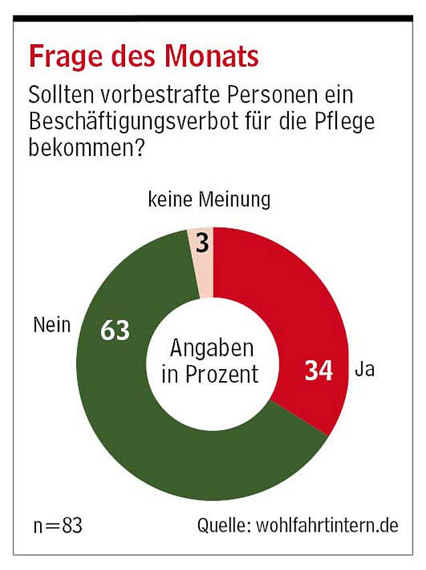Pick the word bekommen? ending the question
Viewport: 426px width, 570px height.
(86, 149)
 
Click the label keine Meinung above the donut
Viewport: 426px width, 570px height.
(209, 200)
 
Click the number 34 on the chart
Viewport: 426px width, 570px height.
(319, 370)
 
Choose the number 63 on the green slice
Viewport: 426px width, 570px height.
(114, 331)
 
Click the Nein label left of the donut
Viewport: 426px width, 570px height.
(51, 326)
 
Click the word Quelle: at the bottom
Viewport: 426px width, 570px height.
(223, 525)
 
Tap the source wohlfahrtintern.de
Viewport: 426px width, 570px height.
(328, 525)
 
